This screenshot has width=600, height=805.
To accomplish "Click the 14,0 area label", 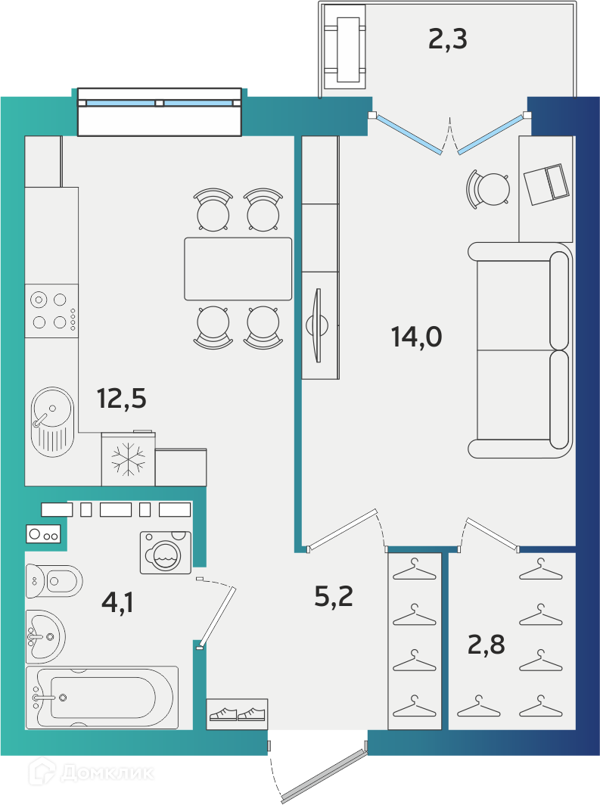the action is click(416, 337).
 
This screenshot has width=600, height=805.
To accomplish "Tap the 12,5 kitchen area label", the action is click(122, 399).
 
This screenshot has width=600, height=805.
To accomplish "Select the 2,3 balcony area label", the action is click(448, 39).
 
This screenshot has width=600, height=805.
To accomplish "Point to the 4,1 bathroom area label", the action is click(117, 602).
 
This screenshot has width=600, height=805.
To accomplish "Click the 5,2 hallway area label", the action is click(334, 596).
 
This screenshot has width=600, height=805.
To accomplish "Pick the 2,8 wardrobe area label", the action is click(486, 645).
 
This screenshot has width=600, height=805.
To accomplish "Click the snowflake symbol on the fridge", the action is click(129, 459).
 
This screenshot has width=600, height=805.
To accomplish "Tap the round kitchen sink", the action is click(52, 421).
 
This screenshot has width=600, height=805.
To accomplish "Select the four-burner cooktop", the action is click(51, 311).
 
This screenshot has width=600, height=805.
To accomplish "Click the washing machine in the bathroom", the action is click(166, 552).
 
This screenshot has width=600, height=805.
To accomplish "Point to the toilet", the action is click(54, 581).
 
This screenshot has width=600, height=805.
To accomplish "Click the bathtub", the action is click(102, 698).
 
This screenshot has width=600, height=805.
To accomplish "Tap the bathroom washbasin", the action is click(45, 636).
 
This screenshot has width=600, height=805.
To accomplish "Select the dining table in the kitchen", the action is click(238, 269).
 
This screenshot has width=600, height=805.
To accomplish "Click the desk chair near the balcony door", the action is click(488, 189).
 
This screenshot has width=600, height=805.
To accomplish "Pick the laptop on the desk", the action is click(546, 185).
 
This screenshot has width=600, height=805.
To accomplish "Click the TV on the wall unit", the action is click(317, 325).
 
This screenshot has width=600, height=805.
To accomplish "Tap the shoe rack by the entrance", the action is click(237, 714).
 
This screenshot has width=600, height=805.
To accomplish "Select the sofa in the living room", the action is click(520, 350).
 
